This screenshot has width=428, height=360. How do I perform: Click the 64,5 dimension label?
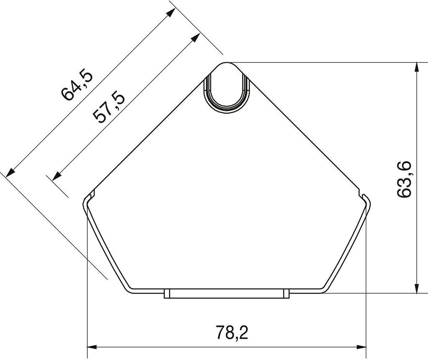(77, 86)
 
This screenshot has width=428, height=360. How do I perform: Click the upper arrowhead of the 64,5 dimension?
(171, 12)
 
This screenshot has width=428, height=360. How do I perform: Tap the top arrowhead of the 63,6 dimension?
(417, 67)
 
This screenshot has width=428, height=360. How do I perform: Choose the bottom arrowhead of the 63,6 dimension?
(417, 289)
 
